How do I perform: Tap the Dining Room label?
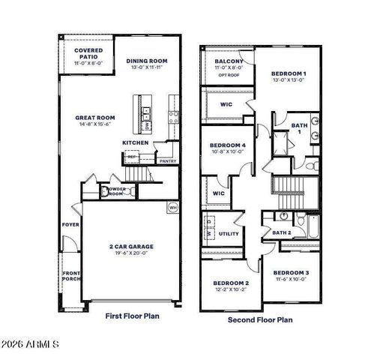(147, 61)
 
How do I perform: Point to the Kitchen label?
(136, 142)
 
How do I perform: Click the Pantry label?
(168, 160)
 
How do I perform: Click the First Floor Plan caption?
(132, 316)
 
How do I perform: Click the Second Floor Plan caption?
(260, 319)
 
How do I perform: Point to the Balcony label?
(227, 61)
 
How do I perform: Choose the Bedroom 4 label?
(228, 145)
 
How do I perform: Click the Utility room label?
(229, 234)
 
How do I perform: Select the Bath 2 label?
(281, 233)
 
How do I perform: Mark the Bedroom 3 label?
(289, 272)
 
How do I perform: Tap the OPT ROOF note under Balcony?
(228, 75)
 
